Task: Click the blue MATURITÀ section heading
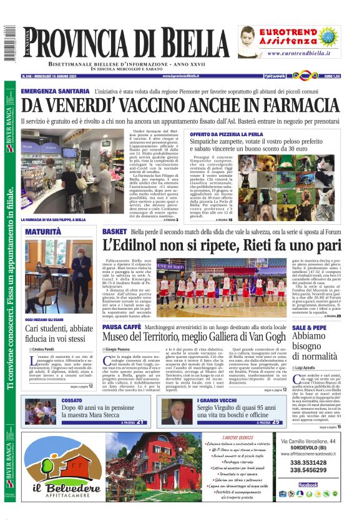point(43,232)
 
